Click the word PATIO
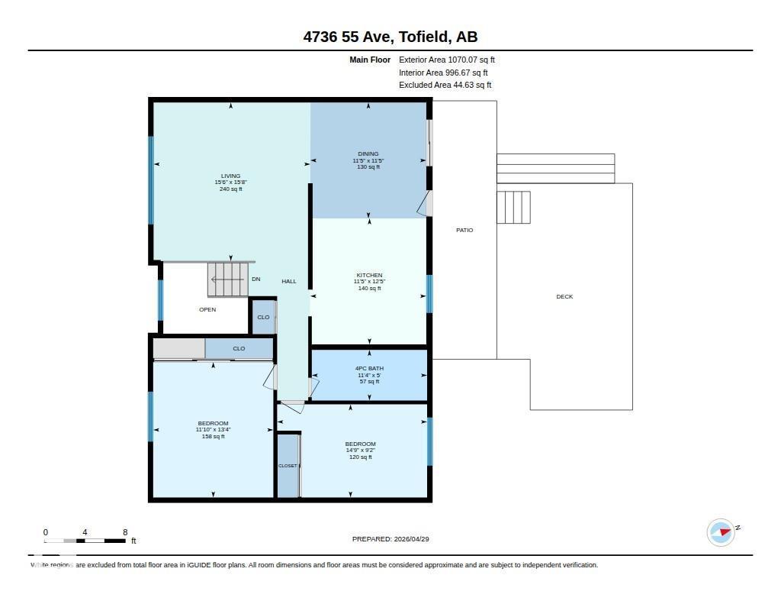click(464, 230)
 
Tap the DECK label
click(564, 296)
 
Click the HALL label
click(289, 281)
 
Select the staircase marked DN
click(229, 279)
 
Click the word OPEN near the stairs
click(207, 309)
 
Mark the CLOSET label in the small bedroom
click(288, 466)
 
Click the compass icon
click(721, 532)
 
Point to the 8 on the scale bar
click(124, 532)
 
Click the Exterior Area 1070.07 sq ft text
click(447, 60)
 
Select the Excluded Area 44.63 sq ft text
click(445, 86)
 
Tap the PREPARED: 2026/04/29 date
click(390, 539)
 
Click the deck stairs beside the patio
click(513, 207)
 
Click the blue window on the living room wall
click(151, 180)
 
